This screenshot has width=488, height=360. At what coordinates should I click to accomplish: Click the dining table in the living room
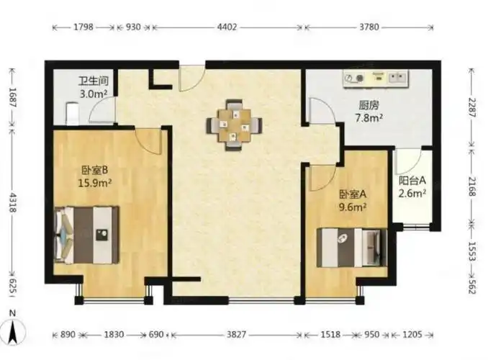click(x=232, y=125)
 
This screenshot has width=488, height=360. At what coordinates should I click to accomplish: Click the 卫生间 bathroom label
click(x=92, y=81)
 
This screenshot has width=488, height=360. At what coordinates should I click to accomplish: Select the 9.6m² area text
click(x=353, y=205)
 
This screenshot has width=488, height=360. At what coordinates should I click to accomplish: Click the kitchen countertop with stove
click(x=375, y=76)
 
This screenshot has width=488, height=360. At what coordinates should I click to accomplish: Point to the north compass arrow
click(x=12, y=328)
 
